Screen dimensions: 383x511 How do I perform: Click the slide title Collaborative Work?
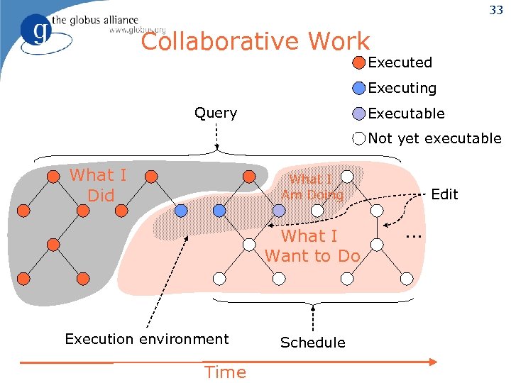click(x=255, y=42)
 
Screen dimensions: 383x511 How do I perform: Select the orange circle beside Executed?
click(x=360, y=62)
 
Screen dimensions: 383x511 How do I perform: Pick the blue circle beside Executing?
click(x=360, y=88)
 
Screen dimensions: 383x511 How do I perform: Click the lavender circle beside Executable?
click(x=360, y=113)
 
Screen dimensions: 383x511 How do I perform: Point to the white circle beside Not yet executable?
click(x=360, y=139)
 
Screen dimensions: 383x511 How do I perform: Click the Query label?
click(x=216, y=113)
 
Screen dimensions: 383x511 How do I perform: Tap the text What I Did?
click(x=98, y=185)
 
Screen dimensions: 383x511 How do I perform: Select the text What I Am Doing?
click(x=312, y=187)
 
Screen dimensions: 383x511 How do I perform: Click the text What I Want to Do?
click(x=312, y=245)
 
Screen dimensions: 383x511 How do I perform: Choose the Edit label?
click(x=445, y=194)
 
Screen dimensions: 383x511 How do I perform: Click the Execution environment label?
click(x=147, y=339)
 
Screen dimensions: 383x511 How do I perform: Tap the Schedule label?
click(x=312, y=343)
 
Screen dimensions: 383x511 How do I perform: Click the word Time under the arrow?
click(x=225, y=372)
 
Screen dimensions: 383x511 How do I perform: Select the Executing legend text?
click(x=402, y=88)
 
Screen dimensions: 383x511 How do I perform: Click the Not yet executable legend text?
click(x=434, y=139)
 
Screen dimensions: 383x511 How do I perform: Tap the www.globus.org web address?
click(x=137, y=30)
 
